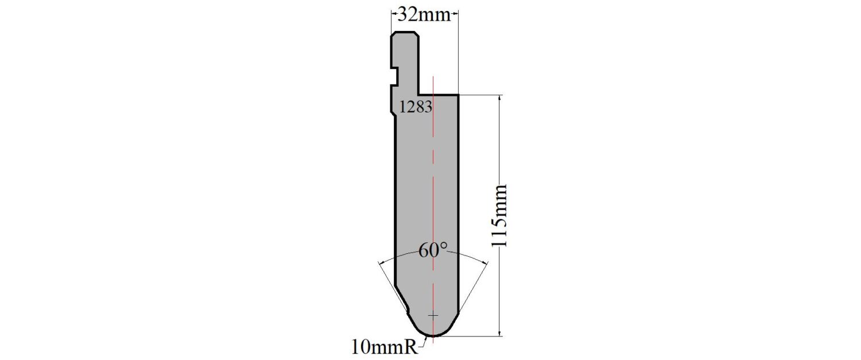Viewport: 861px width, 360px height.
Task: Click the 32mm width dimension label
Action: [424, 15]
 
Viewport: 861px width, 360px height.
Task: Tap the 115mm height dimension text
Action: [500, 216]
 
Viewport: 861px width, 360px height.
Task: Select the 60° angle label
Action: [433, 250]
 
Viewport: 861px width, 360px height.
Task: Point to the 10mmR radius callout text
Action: [385, 348]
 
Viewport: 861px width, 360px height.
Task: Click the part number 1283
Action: [416, 107]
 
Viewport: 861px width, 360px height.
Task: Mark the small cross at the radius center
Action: [433, 315]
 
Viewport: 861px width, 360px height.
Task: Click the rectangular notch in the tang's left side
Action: [394, 76]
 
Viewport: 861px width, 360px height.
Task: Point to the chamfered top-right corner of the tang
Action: [416, 34]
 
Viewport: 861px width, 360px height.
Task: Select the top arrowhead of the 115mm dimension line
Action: [500, 98]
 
